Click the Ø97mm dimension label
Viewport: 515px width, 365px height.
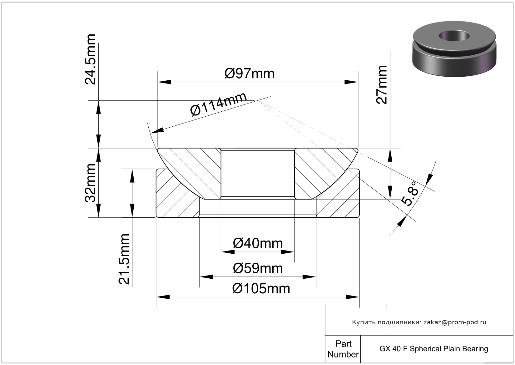[249, 74]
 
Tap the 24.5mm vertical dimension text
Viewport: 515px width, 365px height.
[90, 59]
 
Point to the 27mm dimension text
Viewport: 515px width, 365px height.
[381, 84]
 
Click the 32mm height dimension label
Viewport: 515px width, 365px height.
[90, 183]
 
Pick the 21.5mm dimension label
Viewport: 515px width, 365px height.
[124, 259]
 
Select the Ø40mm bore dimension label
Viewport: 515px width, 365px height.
[258, 243]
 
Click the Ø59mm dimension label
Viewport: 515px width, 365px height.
[258, 268]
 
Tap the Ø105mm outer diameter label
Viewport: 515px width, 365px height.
[261, 288]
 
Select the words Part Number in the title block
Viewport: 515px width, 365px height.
[343, 349]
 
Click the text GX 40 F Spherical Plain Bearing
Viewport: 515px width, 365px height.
[433, 349]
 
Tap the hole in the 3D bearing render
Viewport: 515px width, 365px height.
[454, 36]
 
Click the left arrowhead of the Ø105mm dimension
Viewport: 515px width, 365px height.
[163, 297]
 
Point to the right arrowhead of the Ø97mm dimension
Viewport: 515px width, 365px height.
[351, 82]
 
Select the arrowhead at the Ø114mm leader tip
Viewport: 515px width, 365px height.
[157, 130]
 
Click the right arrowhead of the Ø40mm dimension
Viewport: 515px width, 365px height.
[288, 252]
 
